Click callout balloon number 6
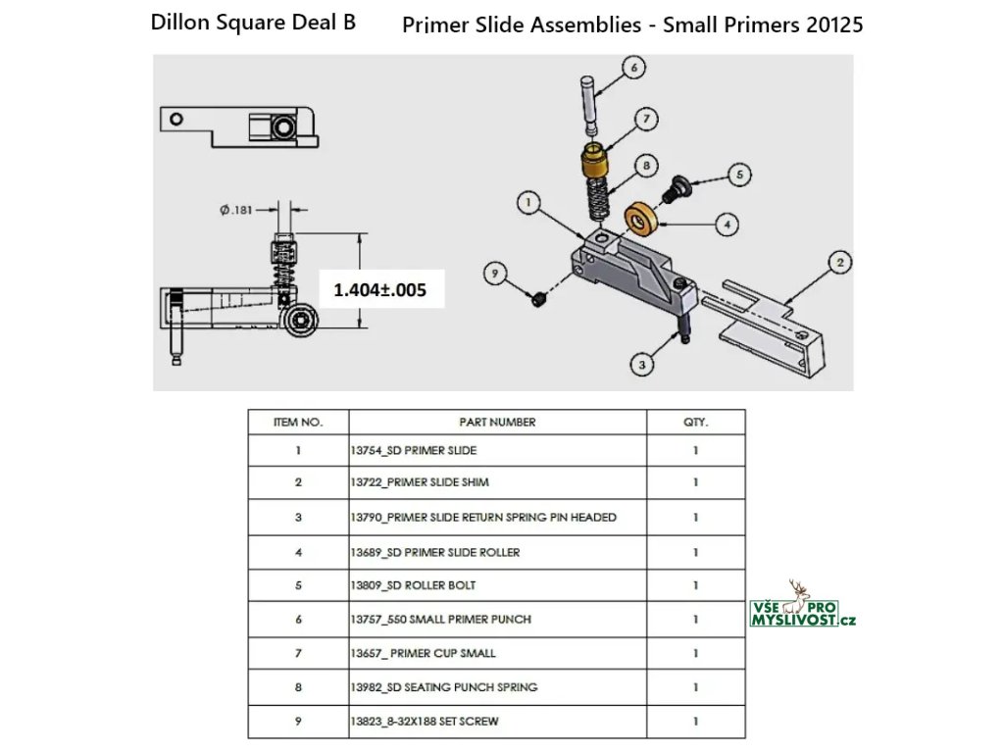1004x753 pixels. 633,68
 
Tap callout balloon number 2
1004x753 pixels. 839,263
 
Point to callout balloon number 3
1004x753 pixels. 641,365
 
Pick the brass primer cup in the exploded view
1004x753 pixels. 594,157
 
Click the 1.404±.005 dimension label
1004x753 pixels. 378,290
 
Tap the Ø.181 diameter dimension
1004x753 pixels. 239,209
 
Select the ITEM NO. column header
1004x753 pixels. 298,422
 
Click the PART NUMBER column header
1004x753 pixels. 497,422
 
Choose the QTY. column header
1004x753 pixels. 695,422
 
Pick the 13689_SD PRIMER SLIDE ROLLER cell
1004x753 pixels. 435,552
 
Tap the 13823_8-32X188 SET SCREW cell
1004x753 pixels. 425,721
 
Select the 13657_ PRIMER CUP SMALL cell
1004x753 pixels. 424,653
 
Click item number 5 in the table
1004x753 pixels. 298,585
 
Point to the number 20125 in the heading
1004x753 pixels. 833,25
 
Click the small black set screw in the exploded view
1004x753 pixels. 538,299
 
